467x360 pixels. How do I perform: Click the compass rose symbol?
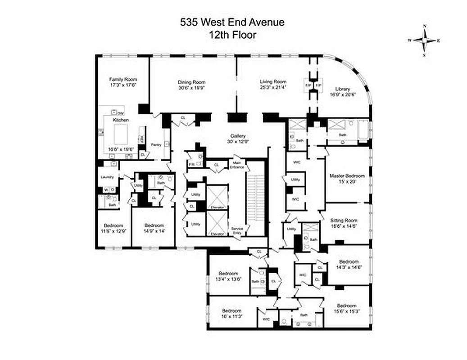coord(424,40)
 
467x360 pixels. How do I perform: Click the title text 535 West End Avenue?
coord(232,22)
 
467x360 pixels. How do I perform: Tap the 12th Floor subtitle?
coord(232,34)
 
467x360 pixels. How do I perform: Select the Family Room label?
coord(122,79)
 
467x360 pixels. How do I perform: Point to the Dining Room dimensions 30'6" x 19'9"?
coord(191,88)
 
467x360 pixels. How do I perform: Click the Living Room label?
coord(273,81)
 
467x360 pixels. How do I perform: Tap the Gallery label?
coord(238,135)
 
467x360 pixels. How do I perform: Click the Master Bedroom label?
coord(346,175)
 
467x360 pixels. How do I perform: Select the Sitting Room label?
coord(344,220)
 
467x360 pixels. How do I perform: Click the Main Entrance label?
coord(238,164)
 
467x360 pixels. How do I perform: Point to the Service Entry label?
coord(237,230)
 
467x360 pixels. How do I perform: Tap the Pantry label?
coord(156,144)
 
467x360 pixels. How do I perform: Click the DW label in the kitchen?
coord(120,113)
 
